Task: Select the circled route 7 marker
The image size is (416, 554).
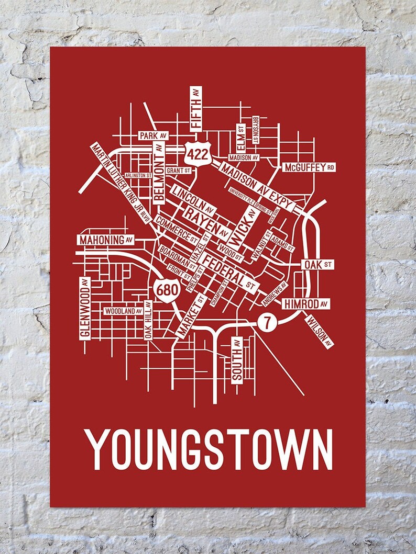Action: coord(267,323)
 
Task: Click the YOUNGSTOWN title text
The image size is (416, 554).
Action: coord(209,450)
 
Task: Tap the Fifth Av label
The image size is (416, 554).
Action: coord(196,108)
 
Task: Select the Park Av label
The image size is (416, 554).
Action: coord(153,135)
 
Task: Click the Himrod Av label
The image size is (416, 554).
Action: coord(306,303)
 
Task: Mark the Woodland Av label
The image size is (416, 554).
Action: coord(124,311)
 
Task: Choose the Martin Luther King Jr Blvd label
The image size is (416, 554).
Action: coord(117,182)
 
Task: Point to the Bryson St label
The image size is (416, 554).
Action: coord(255,130)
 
